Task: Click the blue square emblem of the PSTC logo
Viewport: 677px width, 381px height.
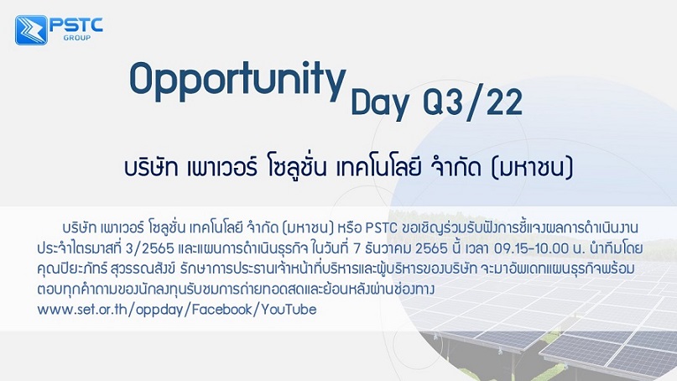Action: click(x=31, y=30)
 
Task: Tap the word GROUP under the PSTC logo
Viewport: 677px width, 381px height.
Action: click(x=77, y=38)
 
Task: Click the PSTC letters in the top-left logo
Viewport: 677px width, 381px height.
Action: click(x=76, y=25)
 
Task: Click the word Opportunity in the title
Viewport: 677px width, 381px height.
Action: click(x=237, y=80)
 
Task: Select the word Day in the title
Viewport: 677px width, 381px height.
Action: click(x=380, y=103)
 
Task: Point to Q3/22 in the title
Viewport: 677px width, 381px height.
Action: click(x=473, y=103)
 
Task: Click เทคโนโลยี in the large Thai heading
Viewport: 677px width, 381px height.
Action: click(x=378, y=167)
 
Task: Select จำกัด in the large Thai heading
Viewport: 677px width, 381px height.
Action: click(x=456, y=167)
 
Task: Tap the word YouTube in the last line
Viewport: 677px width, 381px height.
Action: click(x=289, y=310)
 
